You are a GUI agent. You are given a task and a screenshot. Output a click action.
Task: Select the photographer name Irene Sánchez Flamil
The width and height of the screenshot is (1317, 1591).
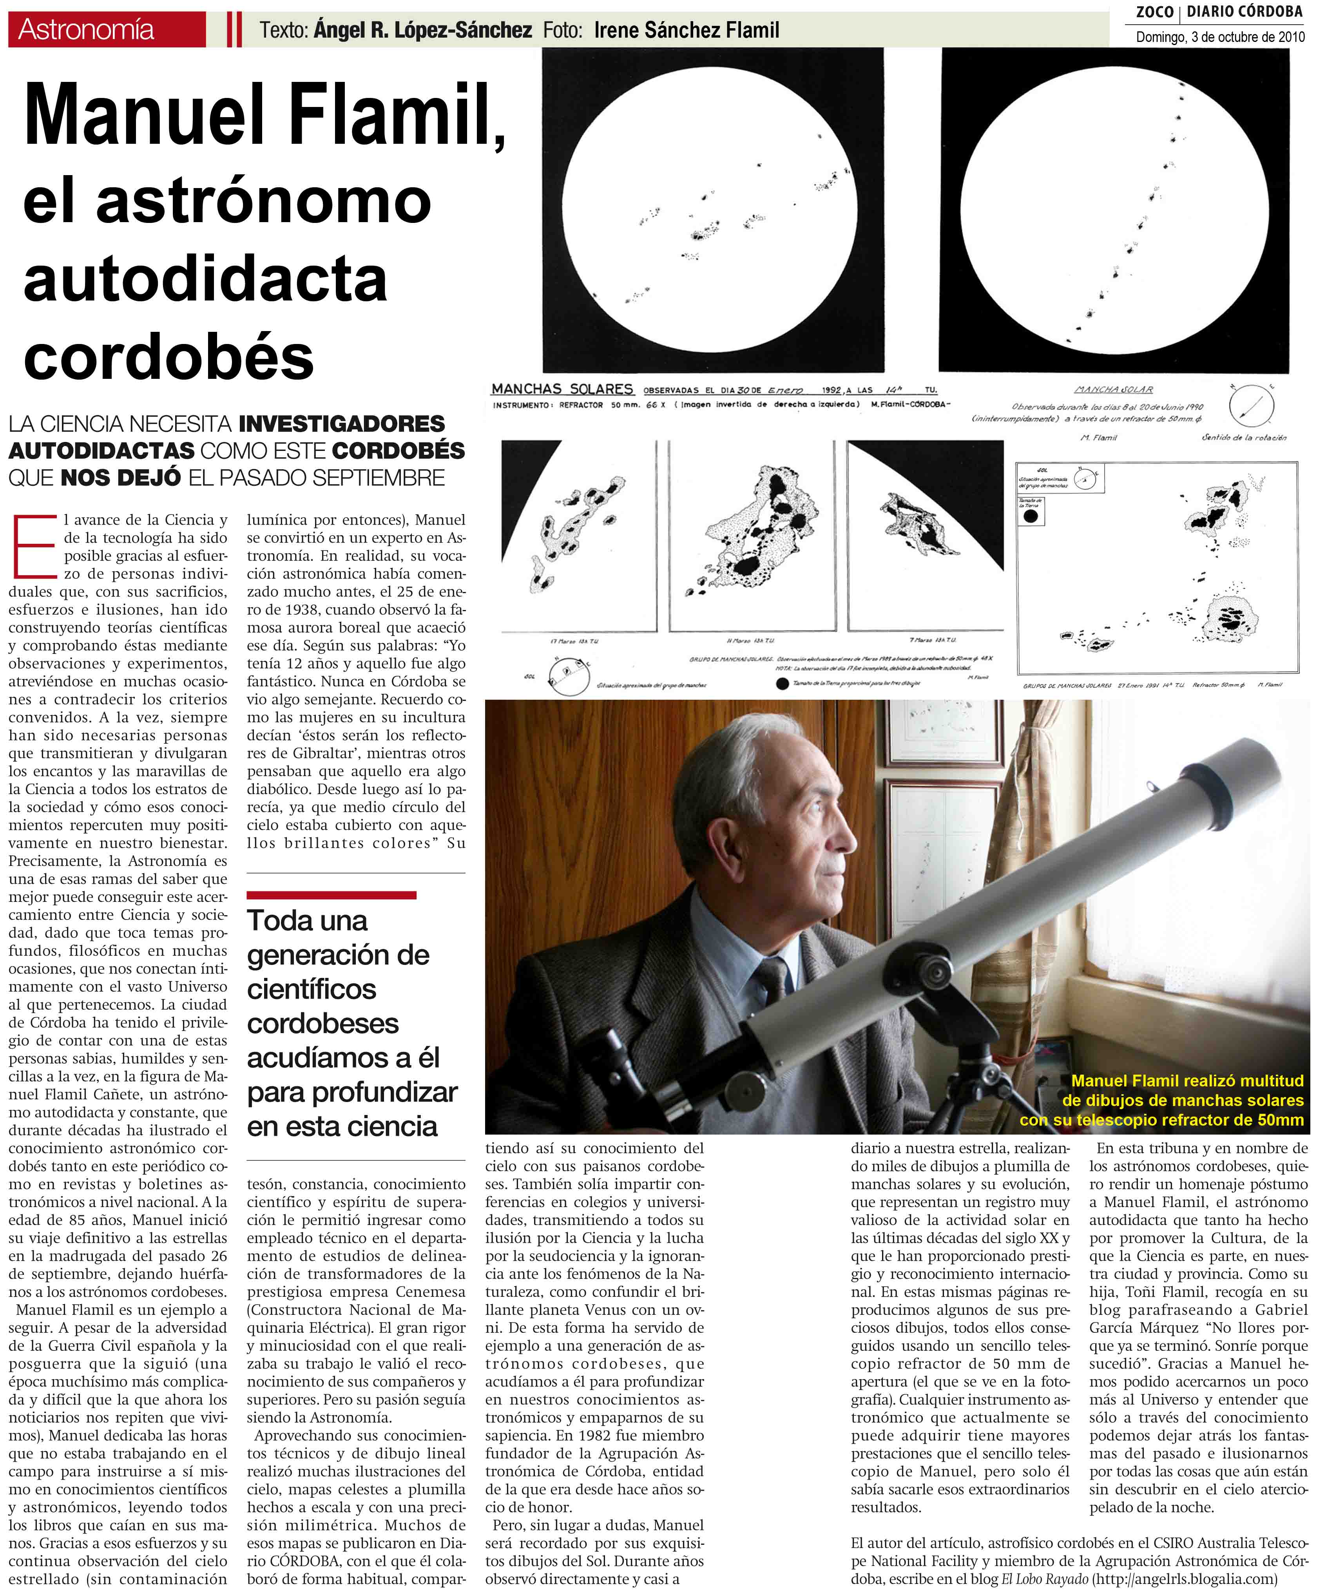pos(686,30)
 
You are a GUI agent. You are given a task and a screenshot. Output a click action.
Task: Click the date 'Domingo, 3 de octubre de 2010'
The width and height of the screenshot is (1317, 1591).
pos(1220,36)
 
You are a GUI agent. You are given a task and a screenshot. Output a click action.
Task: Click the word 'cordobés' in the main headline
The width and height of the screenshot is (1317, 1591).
pos(168,358)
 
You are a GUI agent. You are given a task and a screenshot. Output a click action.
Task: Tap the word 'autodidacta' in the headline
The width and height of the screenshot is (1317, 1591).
pos(205,279)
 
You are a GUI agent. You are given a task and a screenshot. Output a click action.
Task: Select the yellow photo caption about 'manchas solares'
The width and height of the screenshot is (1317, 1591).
pos(1182,1100)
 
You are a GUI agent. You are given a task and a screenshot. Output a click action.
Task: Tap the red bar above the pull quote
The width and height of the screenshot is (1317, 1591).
pos(331,895)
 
